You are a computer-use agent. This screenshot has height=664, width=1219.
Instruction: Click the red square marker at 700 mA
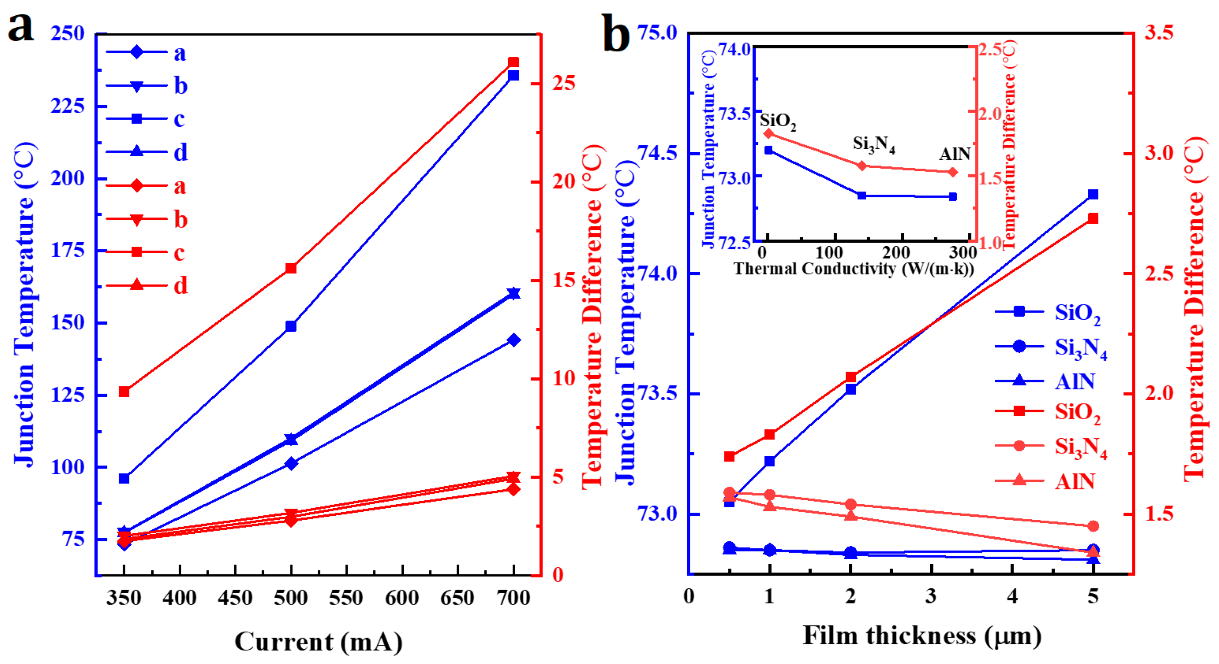pyautogui.click(x=513, y=63)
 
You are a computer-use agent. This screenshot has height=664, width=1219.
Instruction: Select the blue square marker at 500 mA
pyautogui.click(x=291, y=326)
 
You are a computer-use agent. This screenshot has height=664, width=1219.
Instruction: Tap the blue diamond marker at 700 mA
pyautogui.click(x=513, y=340)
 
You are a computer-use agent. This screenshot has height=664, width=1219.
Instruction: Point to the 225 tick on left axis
pyautogui.click(x=67, y=106)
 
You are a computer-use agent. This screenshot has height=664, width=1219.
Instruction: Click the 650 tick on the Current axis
pyautogui.click(x=457, y=598)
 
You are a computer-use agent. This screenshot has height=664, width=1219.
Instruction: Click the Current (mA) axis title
pyautogui.click(x=318, y=642)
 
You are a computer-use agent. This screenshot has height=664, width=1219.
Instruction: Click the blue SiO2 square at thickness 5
pyautogui.click(x=1093, y=194)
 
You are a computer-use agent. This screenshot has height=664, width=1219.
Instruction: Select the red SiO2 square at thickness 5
pyautogui.click(x=1093, y=218)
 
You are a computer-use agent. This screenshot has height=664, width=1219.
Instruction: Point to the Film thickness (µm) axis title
pyautogui.click(x=922, y=635)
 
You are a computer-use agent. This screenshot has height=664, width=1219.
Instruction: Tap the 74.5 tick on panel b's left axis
pyautogui.click(x=658, y=153)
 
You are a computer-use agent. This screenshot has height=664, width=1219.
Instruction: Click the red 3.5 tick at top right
pyautogui.click(x=1159, y=33)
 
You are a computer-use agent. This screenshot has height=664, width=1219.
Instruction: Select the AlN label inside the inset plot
pyautogui.click(x=954, y=154)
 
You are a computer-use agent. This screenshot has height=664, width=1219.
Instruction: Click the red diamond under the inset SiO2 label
pyautogui.click(x=769, y=133)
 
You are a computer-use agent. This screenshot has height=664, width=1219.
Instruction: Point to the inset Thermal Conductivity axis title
pyautogui.click(x=854, y=269)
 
